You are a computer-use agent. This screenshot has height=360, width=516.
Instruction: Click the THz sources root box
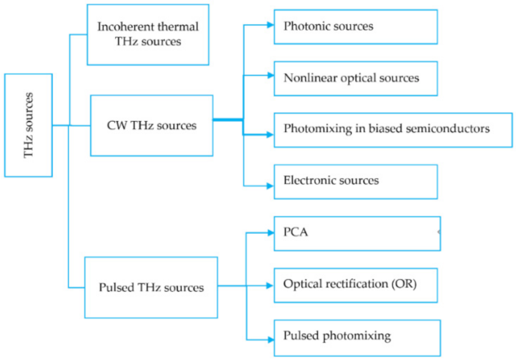coord(29,125)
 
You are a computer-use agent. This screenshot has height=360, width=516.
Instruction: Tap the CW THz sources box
coord(152,125)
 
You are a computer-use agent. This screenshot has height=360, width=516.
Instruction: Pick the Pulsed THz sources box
coord(151,287)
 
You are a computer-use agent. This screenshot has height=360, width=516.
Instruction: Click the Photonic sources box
coord(355,26)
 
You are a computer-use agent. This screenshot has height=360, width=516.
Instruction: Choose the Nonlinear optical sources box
coord(355,78)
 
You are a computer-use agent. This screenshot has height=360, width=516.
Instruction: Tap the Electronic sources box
coord(355,181)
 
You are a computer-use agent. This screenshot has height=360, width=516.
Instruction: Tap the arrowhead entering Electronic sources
coord(269,185)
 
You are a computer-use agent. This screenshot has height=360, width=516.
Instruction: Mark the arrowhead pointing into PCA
coord(269,234)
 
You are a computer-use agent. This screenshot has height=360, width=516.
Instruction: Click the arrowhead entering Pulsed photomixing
coord(269,339)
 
